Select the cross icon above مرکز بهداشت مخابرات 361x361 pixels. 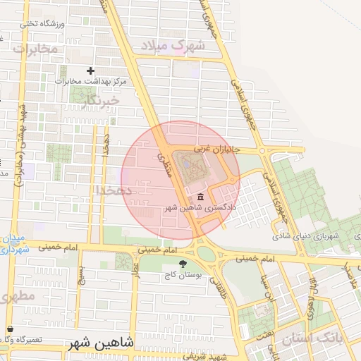coord(90,71)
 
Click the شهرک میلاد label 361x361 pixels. coord(173,47)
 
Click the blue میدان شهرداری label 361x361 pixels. coord(14,244)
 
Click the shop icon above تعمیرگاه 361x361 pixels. coord(10,329)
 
